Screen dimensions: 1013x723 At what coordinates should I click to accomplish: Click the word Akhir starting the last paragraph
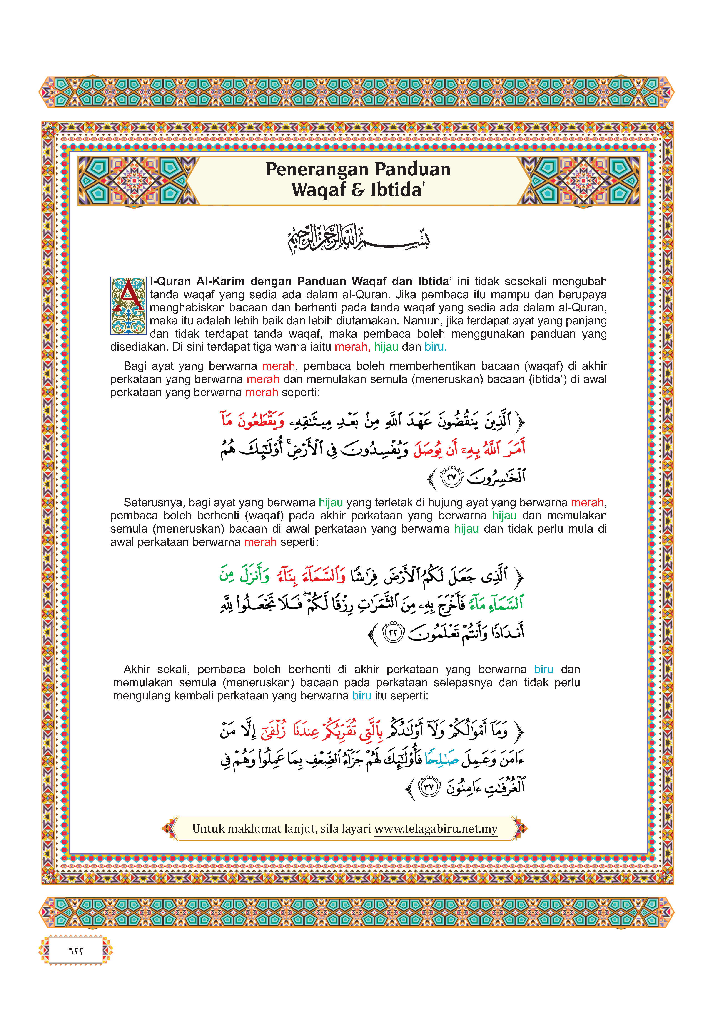click(137, 670)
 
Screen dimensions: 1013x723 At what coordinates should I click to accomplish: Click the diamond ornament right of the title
click(583, 181)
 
